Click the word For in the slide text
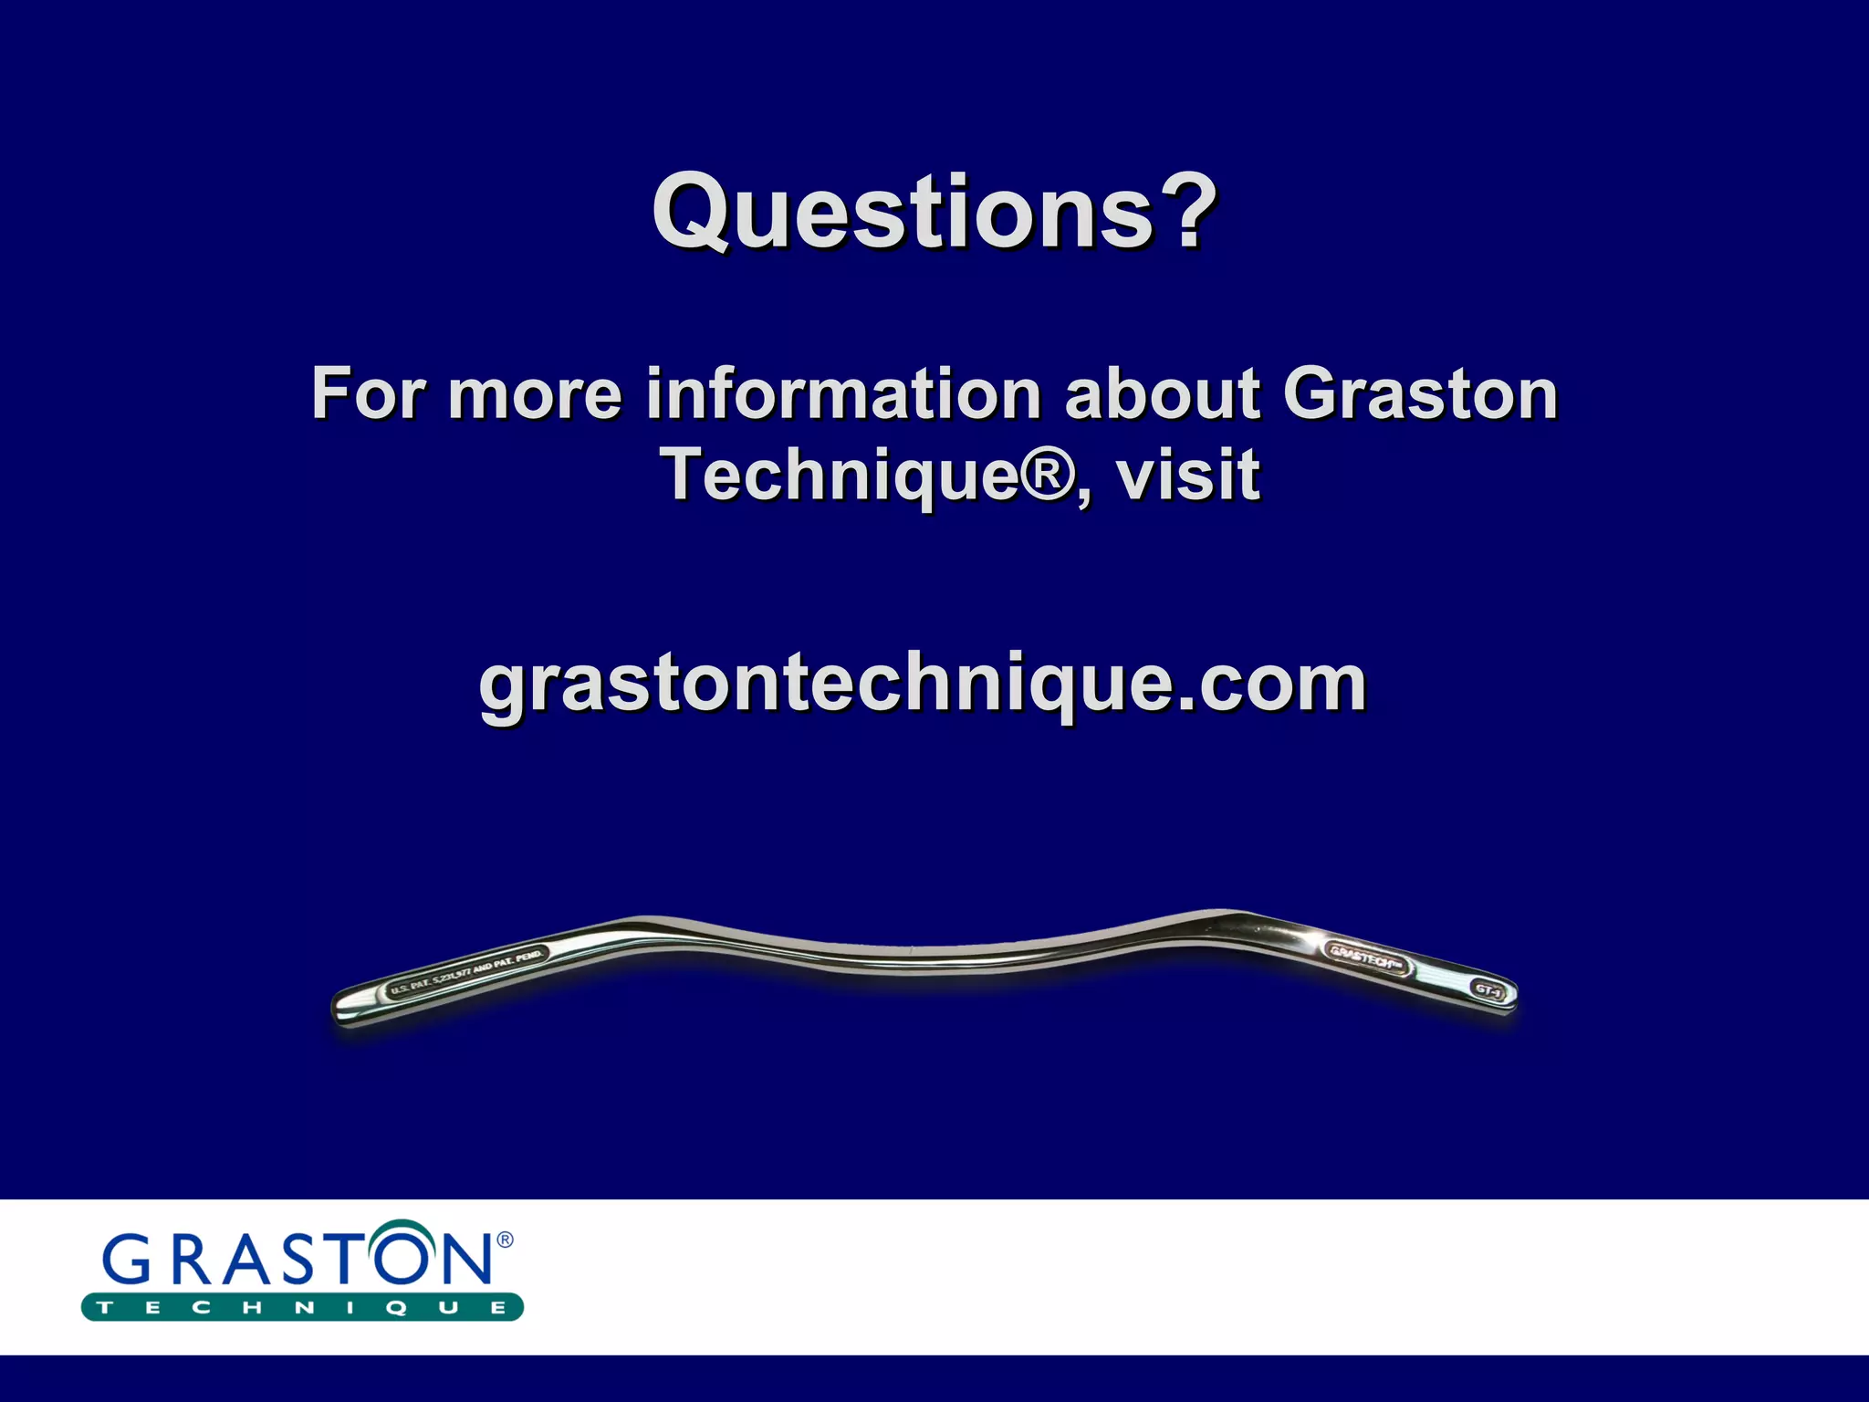click(367, 394)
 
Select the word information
click(843, 394)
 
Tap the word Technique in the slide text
click(839, 475)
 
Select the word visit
click(1188, 475)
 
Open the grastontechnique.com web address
click(922, 685)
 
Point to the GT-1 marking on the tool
click(1488, 989)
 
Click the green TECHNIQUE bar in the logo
click(302, 1307)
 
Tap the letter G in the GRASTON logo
click(131, 1261)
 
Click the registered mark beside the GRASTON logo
click(505, 1240)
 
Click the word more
click(534, 394)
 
